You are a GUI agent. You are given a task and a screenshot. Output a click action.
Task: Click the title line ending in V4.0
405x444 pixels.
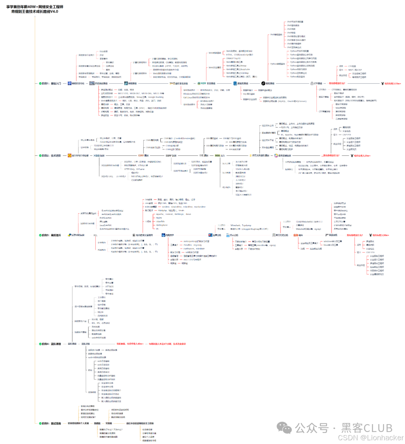point(34,12)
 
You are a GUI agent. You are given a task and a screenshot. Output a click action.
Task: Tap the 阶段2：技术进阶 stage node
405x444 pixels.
point(51,155)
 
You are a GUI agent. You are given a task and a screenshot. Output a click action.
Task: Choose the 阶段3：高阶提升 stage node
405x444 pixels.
point(51,235)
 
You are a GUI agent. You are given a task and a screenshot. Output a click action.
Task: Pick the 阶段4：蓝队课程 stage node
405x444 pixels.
point(51,343)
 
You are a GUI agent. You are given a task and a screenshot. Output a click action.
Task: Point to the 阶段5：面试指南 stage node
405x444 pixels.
point(51,423)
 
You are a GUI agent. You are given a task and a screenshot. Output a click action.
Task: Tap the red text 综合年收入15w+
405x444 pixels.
point(393,84)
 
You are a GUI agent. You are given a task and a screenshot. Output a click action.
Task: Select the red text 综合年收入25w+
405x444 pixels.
point(362,156)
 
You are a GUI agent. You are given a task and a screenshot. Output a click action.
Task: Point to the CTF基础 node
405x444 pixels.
point(318,83)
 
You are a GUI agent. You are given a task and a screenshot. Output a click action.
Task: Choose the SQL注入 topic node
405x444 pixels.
point(220,155)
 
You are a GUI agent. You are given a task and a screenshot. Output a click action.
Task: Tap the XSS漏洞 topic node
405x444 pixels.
point(99,155)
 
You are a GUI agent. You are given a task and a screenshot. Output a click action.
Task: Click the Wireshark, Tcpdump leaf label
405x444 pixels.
point(241,225)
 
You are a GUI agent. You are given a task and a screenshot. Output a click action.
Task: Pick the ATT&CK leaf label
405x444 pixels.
point(109,286)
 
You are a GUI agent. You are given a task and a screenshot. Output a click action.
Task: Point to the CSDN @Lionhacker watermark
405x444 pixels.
point(370,438)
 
